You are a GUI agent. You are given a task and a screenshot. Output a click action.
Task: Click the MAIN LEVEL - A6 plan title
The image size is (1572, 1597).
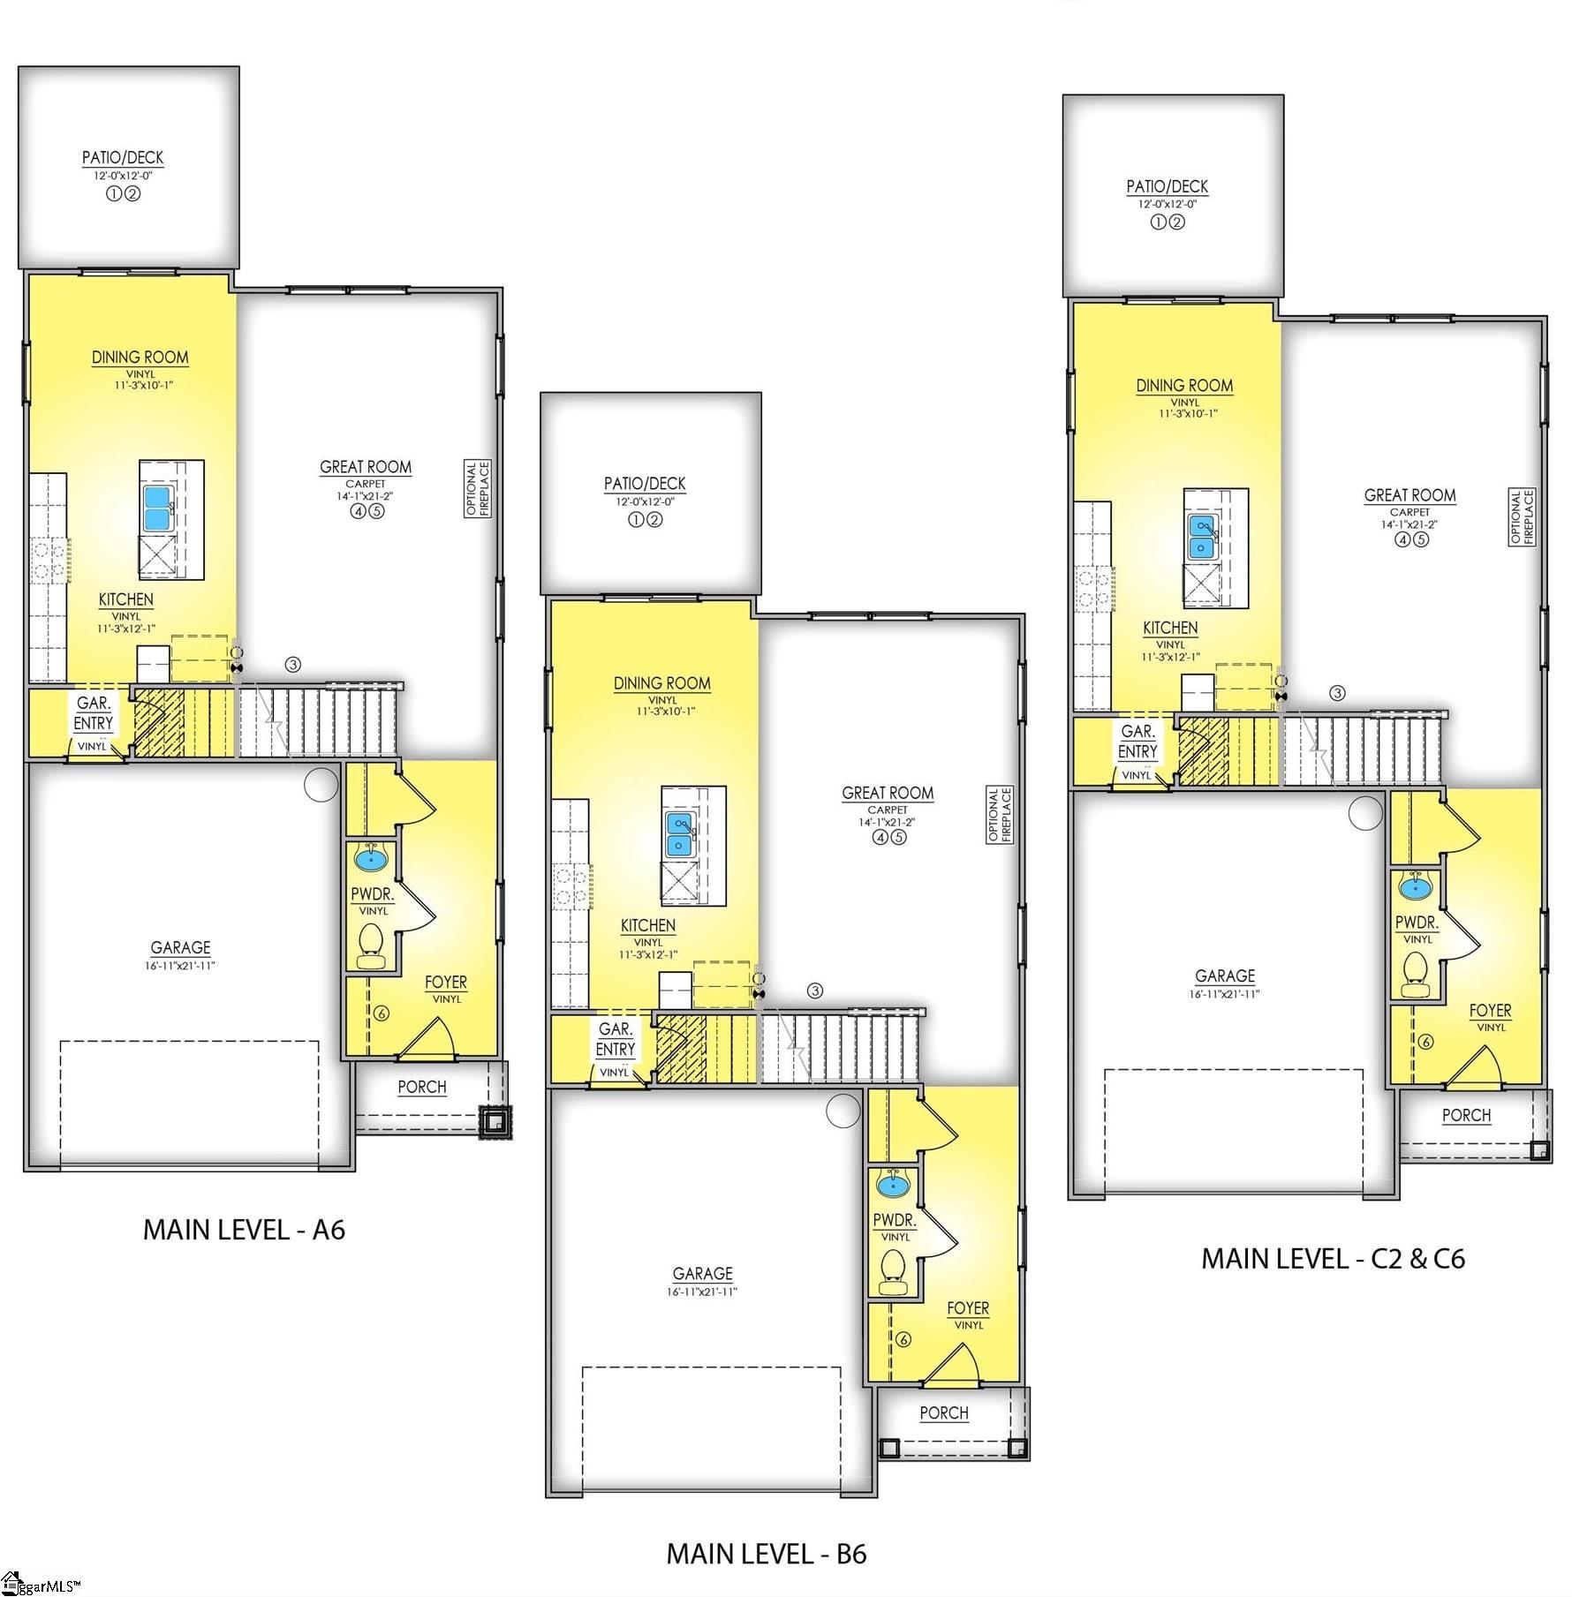pyautogui.click(x=244, y=1230)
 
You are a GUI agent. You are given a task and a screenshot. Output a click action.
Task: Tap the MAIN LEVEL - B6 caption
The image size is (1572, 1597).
pyautogui.click(x=766, y=1554)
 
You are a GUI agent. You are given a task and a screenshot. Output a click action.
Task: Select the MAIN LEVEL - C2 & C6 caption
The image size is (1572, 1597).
pyautogui.click(x=1332, y=1259)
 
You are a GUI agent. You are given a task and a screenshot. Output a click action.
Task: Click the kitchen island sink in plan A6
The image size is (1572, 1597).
pyautogui.click(x=157, y=508)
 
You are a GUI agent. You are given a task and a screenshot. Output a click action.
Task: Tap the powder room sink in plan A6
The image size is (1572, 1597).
pyautogui.click(x=370, y=856)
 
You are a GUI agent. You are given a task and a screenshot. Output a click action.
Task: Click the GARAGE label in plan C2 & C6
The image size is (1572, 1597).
pyautogui.click(x=1224, y=976)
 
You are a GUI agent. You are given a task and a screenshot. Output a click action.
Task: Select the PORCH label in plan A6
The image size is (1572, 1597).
pyautogui.click(x=421, y=1087)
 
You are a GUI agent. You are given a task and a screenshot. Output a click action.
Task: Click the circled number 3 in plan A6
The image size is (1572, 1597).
pyautogui.click(x=293, y=664)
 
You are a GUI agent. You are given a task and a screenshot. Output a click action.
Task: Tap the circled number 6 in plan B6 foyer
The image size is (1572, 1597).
pyautogui.click(x=903, y=1339)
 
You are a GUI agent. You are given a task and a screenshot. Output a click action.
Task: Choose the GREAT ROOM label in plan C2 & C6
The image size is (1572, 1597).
pyautogui.click(x=1410, y=495)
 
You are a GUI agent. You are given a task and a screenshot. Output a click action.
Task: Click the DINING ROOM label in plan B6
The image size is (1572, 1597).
pyautogui.click(x=661, y=683)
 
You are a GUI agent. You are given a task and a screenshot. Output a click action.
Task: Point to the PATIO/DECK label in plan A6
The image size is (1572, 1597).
pyautogui.click(x=123, y=158)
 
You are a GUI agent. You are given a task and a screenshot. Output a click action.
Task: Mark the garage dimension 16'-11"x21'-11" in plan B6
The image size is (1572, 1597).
pyautogui.click(x=702, y=1292)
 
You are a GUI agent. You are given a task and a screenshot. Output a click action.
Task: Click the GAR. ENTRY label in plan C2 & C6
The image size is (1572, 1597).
pyautogui.click(x=1137, y=742)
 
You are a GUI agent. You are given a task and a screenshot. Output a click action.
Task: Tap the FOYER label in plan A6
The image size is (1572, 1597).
pyautogui.click(x=445, y=982)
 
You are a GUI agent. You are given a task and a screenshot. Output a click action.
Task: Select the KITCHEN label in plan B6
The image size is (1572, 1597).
pyautogui.click(x=647, y=925)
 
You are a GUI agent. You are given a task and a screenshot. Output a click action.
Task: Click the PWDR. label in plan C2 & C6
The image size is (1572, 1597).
pyautogui.click(x=1416, y=923)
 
